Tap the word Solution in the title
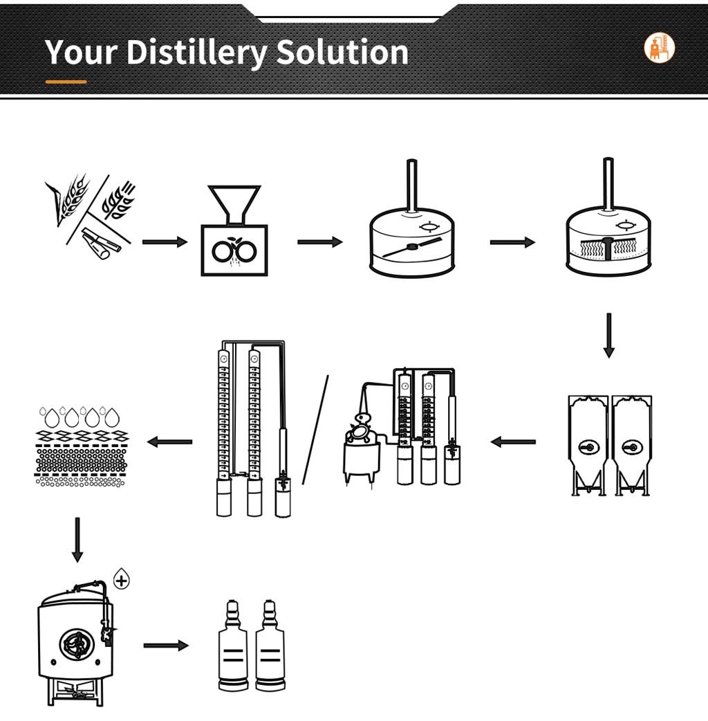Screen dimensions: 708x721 342,51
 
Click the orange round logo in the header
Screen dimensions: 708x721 660,47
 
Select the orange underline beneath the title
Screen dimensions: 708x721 66,82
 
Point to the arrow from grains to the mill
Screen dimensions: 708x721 165,242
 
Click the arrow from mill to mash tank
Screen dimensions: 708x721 319,242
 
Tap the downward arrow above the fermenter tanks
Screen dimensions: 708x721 608,335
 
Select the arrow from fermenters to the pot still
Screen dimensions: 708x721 513,442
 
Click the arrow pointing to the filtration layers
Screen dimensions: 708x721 169,442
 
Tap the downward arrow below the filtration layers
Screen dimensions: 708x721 77,540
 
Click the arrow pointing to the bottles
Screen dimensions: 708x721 166,646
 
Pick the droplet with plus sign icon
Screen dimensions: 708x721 121,579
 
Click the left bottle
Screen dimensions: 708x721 232,646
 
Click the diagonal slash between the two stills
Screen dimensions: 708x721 315,430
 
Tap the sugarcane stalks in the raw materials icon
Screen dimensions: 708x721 101,242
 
